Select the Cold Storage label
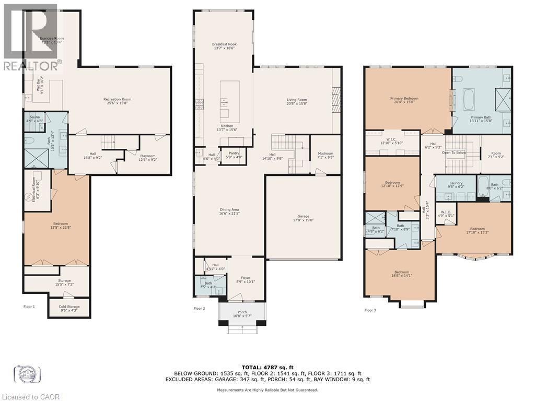coord(69,308)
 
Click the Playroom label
coord(147,157)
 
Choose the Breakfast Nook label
coord(224,46)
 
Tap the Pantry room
coord(234,155)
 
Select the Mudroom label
coord(325,155)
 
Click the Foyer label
coord(246,279)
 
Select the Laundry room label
coord(456,184)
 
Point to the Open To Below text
coord(453,153)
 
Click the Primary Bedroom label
coord(404,99)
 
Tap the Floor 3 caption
coord(370,310)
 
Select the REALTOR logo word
coord(31,66)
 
